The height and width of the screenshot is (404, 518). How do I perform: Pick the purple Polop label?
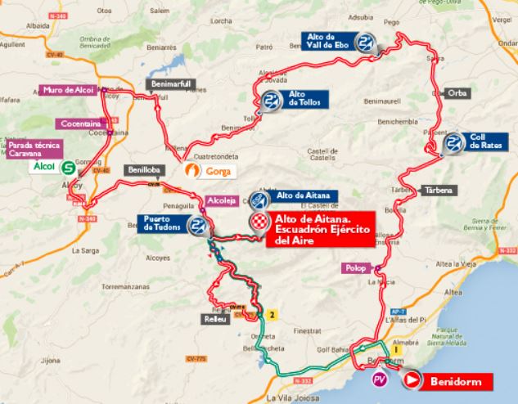(x=355, y=267)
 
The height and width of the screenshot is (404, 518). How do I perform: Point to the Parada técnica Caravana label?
(x=29, y=150)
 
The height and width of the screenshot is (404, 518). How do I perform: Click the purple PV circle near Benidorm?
(x=379, y=380)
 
